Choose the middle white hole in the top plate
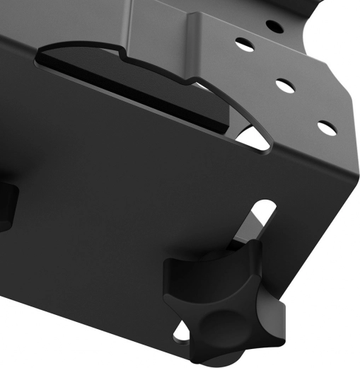click(x=284, y=86)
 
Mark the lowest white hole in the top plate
click(x=326, y=128)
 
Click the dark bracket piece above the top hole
click(x=233, y=14)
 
